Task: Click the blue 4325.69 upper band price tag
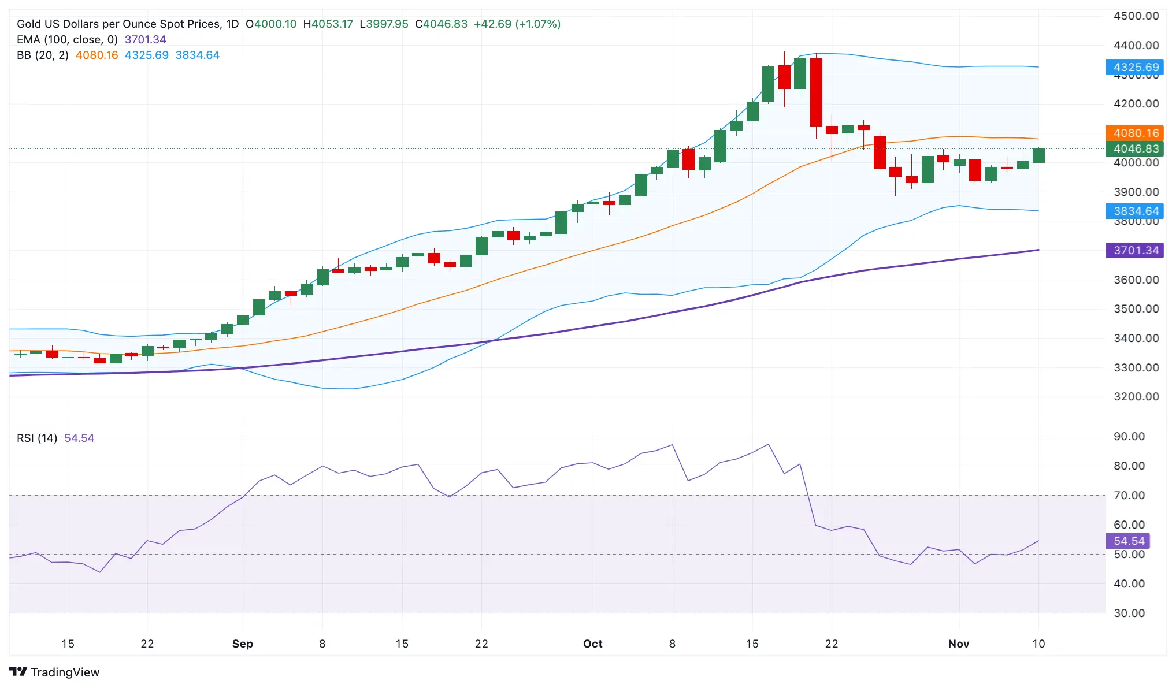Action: [x=1134, y=67]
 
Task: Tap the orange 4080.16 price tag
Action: [x=1134, y=133]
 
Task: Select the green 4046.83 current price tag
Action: [x=1134, y=148]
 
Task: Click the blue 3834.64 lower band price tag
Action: [x=1134, y=211]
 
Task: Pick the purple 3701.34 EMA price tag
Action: [x=1134, y=250]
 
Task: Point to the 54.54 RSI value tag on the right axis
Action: [x=1127, y=541]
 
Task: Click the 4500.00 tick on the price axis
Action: [x=1136, y=16]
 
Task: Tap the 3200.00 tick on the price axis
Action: [x=1136, y=396]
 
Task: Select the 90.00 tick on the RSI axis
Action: [x=1129, y=436]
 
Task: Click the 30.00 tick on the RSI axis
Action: [x=1129, y=613]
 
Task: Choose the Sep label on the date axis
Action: [x=242, y=644]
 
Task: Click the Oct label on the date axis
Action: [x=592, y=644]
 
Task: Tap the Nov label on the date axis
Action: [x=958, y=644]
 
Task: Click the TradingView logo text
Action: [x=64, y=672]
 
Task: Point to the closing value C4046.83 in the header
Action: [x=441, y=24]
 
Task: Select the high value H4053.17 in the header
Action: [x=328, y=24]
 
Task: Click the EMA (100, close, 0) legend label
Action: [x=67, y=39]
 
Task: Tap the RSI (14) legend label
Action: [x=37, y=438]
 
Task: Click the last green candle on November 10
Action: [x=1038, y=155]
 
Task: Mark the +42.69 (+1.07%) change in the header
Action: [x=517, y=24]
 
